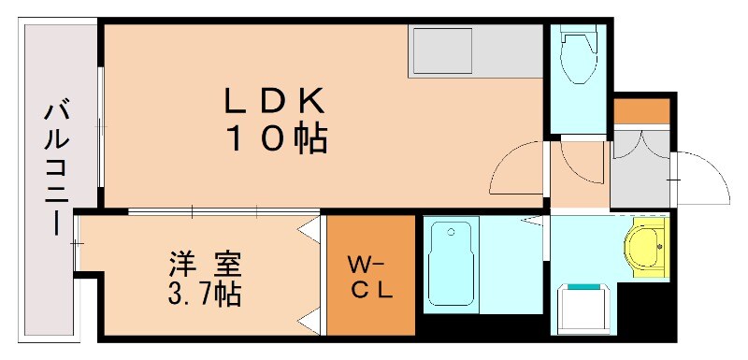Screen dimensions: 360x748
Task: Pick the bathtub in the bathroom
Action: tap(452, 265)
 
